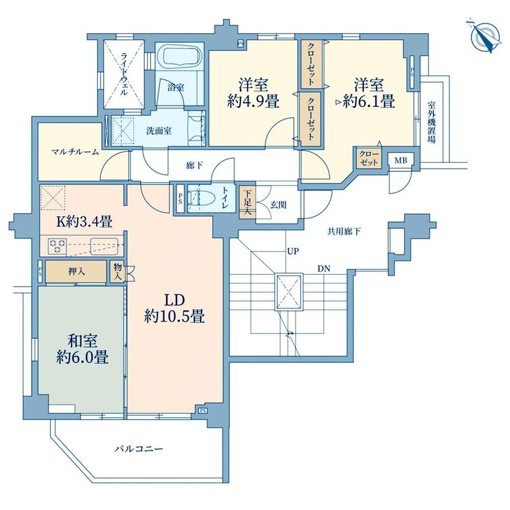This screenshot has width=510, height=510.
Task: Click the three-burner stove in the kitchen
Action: (x=57, y=246)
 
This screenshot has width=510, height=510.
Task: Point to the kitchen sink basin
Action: (x=105, y=246)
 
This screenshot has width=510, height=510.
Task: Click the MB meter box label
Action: (x=400, y=160)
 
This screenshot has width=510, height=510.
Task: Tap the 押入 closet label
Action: (x=76, y=271)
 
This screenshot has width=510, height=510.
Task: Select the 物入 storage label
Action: (x=118, y=272)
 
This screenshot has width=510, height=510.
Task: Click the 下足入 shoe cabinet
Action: (x=248, y=202)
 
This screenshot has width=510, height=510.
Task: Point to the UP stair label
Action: (x=293, y=251)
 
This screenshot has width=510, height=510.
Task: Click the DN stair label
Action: (x=324, y=269)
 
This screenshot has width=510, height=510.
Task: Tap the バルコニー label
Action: (x=139, y=449)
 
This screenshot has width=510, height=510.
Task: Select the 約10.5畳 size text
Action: (x=174, y=316)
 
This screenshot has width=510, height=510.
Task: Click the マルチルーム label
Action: (x=75, y=151)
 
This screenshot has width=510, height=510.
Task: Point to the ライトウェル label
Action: (x=124, y=74)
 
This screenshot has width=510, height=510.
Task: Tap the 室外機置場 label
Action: (x=432, y=123)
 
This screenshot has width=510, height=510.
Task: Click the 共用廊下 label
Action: (x=344, y=231)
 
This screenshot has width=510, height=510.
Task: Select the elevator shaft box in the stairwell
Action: (x=289, y=292)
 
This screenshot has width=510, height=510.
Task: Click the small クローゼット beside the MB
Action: (x=369, y=158)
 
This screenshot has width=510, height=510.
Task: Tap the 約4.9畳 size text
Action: (x=253, y=101)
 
